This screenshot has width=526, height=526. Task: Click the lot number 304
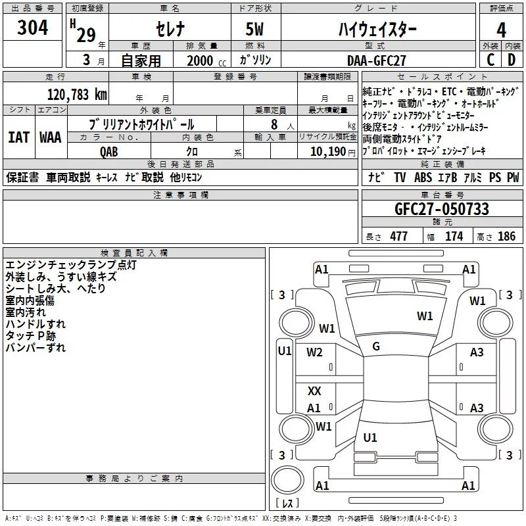(32, 29)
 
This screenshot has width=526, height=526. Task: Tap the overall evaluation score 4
(501, 30)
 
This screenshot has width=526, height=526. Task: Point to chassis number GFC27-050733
(442, 209)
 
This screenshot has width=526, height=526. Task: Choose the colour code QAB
(109, 151)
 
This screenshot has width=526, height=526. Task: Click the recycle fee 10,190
(324, 151)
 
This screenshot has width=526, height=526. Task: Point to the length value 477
(398, 236)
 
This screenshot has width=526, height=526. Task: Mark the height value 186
(506, 236)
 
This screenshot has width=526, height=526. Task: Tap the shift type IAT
(18, 137)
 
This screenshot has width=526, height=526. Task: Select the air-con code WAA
(50, 137)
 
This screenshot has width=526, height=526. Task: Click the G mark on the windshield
(376, 346)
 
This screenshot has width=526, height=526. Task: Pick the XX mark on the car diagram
(314, 391)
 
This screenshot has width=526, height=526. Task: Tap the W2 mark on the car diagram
(314, 352)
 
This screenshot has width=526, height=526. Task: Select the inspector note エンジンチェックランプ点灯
(71, 264)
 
